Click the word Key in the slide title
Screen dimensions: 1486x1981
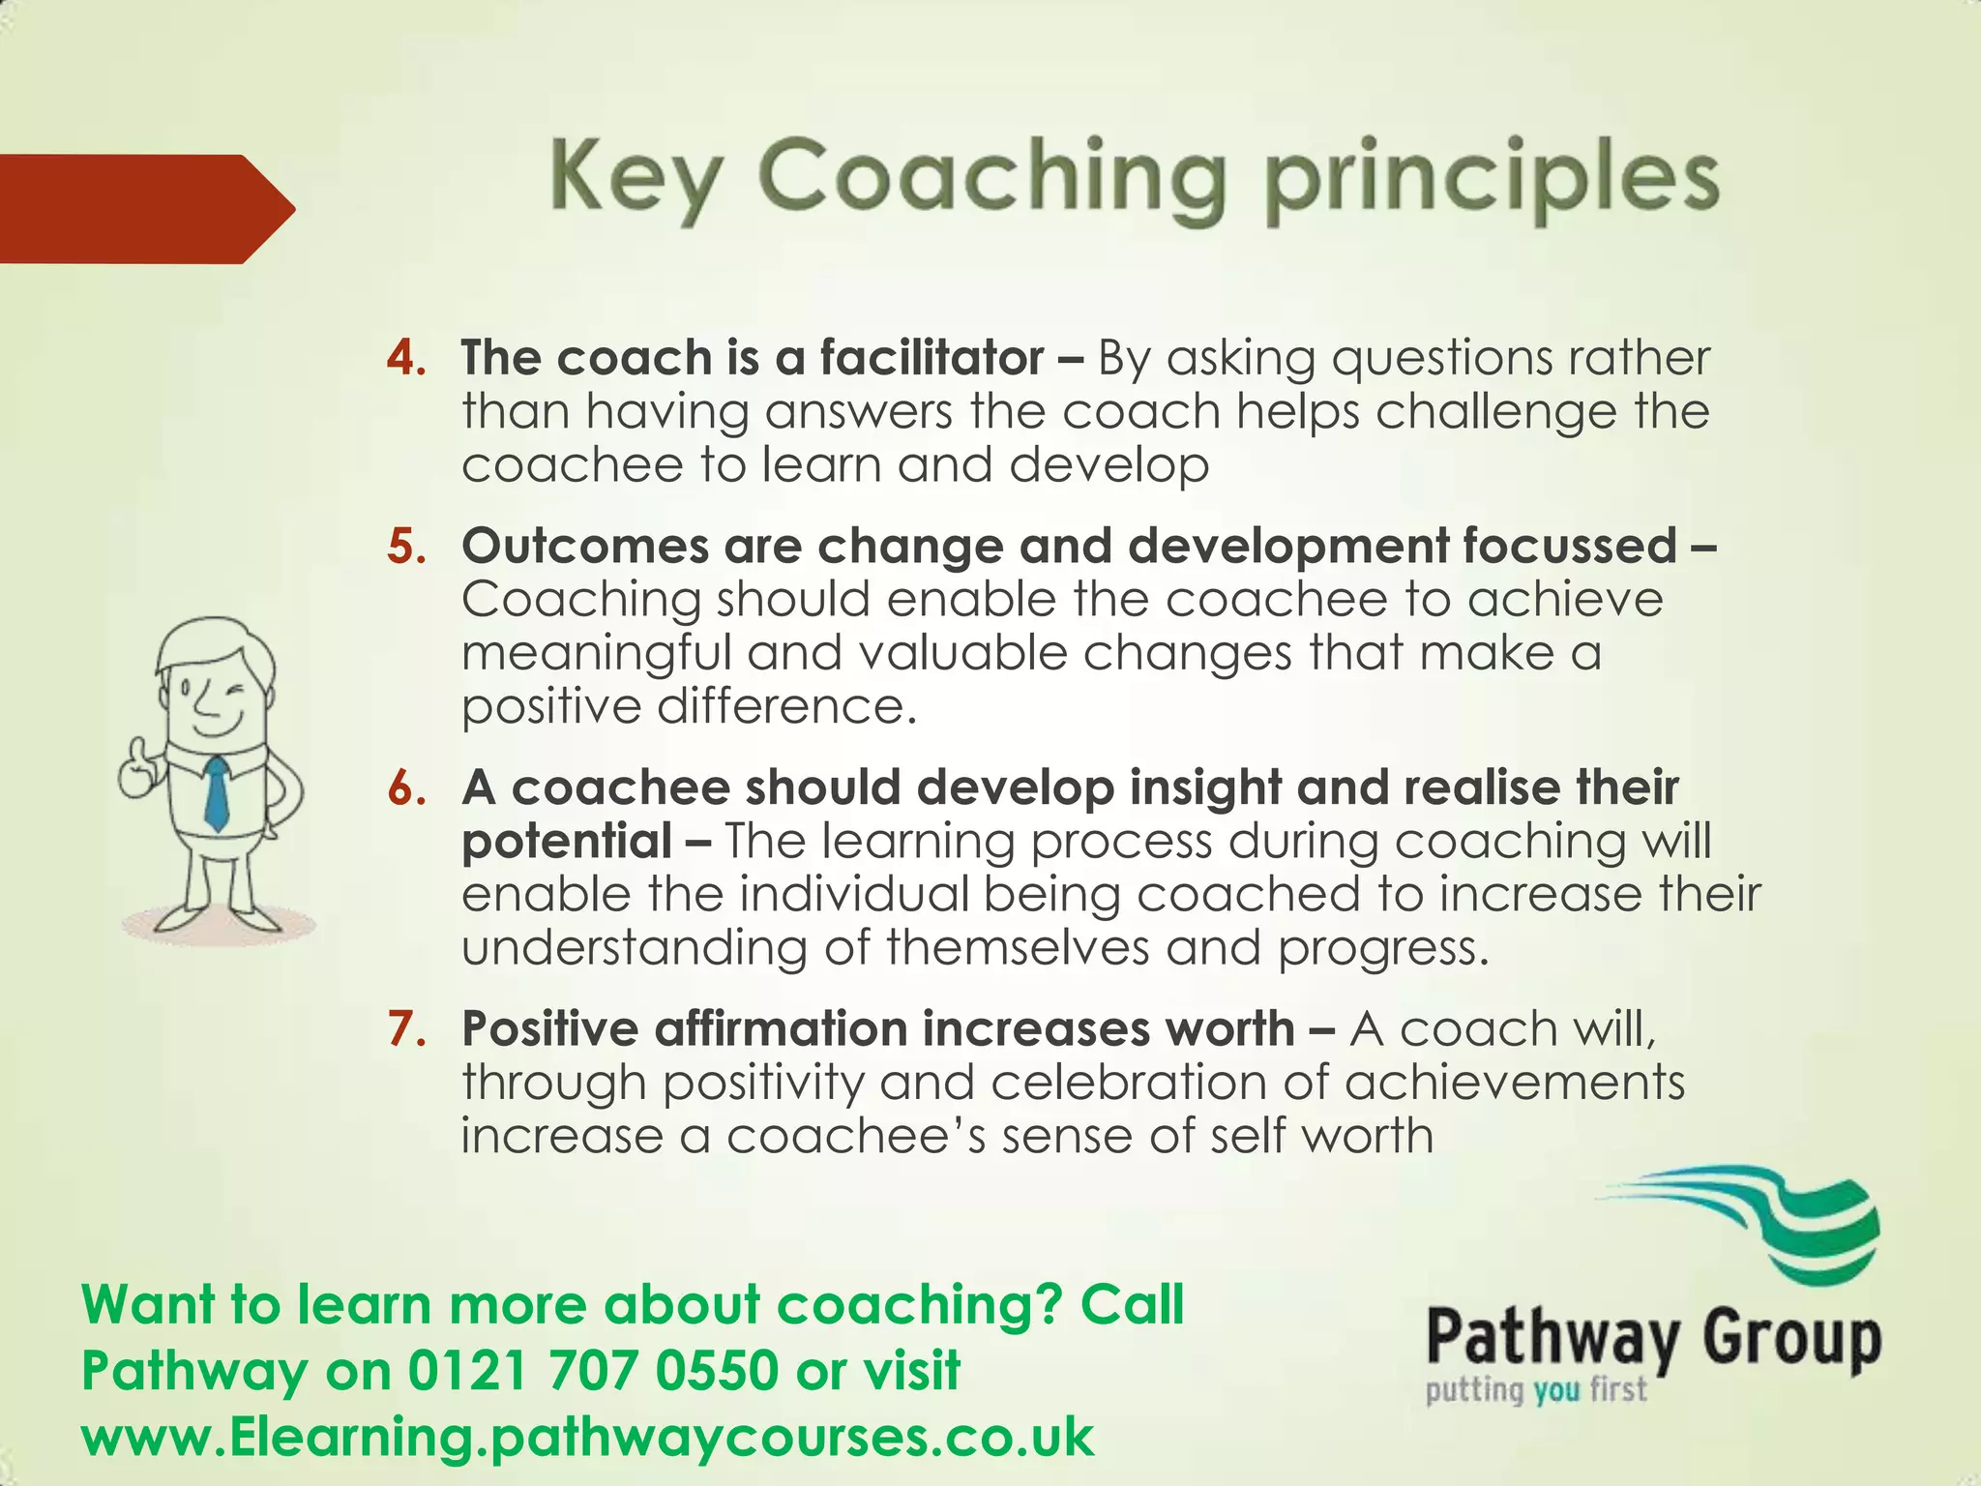pos(635,179)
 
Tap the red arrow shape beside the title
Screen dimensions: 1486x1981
pos(145,209)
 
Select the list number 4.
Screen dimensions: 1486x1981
pos(406,358)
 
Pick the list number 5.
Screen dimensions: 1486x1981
pos(406,547)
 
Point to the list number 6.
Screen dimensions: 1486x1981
pos(406,788)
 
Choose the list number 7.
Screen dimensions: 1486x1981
pos(406,1028)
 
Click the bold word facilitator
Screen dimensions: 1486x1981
pos(931,358)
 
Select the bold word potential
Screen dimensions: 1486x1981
pos(566,841)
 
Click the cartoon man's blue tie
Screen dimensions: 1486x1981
pos(218,793)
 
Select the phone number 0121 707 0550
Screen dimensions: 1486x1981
pos(593,1371)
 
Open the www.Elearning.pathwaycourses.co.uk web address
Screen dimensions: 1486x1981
pos(587,1437)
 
